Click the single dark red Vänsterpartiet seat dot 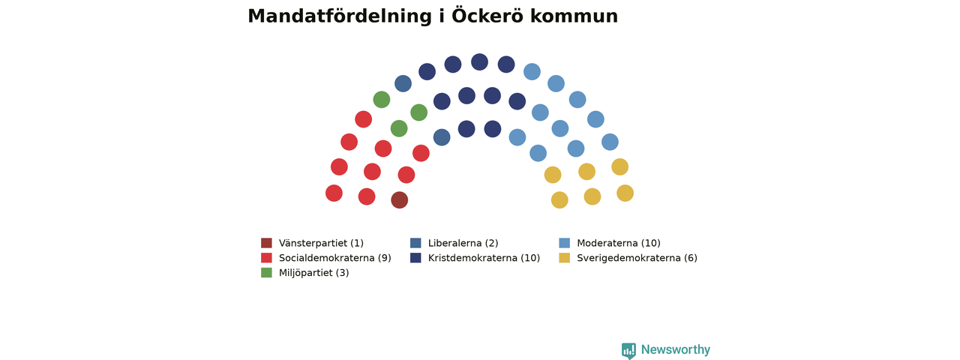click(x=400, y=200)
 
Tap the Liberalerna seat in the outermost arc click(x=403, y=83)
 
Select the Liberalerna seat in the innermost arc click(x=442, y=137)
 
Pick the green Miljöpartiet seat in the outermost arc click(x=382, y=100)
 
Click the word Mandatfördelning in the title click(x=340, y=16)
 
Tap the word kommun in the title click(x=574, y=16)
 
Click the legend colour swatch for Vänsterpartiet click(x=266, y=243)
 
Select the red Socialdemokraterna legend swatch click(x=266, y=258)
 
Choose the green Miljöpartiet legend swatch click(x=266, y=272)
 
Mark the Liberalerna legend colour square click(x=415, y=243)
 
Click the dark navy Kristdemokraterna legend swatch click(x=415, y=258)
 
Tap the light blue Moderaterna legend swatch click(x=565, y=243)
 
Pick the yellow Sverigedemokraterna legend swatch click(x=565, y=258)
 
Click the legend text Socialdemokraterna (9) click(x=335, y=258)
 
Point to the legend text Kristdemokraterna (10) click(x=484, y=258)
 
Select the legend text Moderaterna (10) click(x=619, y=243)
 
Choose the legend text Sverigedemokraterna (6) click(x=637, y=258)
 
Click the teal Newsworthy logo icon click(x=628, y=350)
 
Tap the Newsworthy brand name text click(x=676, y=349)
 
